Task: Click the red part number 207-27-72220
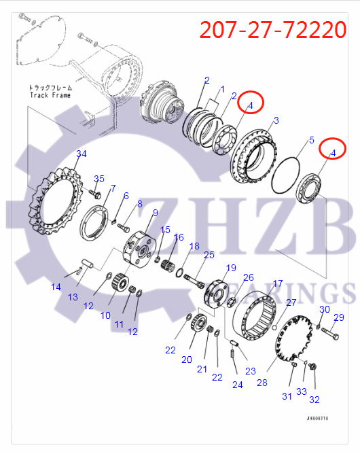click(273, 29)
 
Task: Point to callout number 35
click(99, 179)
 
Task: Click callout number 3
click(275, 121)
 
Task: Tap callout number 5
click(311, 141)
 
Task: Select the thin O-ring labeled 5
click(285, 175)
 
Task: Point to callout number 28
click(262, 383)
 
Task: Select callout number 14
click(56, 287)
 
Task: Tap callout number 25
click(209, 254)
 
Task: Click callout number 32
click(314, 400)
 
